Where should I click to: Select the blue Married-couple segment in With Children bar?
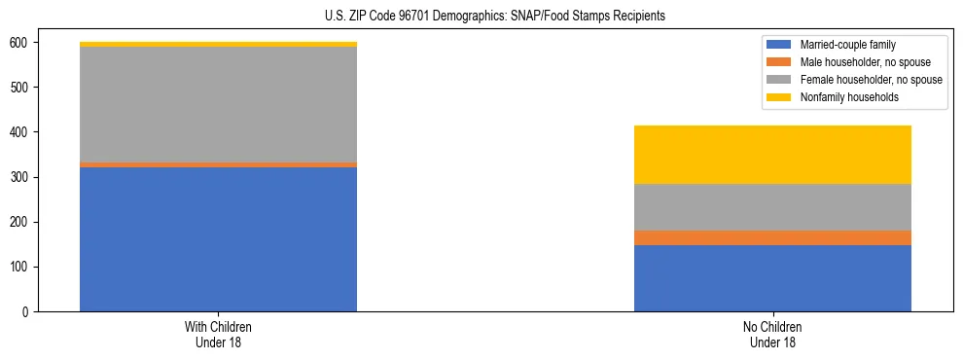pyautogui.click(x=218, y=239)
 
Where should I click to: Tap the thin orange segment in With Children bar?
pyautogui.click(x=218, y=164)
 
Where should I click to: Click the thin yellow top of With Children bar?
pyautogui.click(x=218, y=44)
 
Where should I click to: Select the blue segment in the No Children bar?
pyautogui.click(x=772, y=278)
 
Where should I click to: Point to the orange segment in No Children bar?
pyautogui.click(x=772, y=237)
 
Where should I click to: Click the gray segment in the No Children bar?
pyautogui.click(x=772, y=207)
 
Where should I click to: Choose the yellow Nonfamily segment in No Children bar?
pyautogui.click(x=772, y=155)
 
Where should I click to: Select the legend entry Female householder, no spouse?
pyautogui.click(x=866, y=80)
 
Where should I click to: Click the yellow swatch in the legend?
pyautogui.click(x=779, y=97)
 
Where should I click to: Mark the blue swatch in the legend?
pyautogui.click(x=779, y=45)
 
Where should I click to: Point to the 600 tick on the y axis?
pyautogui.click(x=19, y=43)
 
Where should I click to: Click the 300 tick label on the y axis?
pyautogui.click(x=19, y=177)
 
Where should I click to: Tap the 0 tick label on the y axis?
pyautogui.click(x=25, y=311)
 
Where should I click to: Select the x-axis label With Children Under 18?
pyautogui.click(x=218, y=334)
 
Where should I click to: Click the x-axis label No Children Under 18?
pyautogui.click(x=772, y=334)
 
